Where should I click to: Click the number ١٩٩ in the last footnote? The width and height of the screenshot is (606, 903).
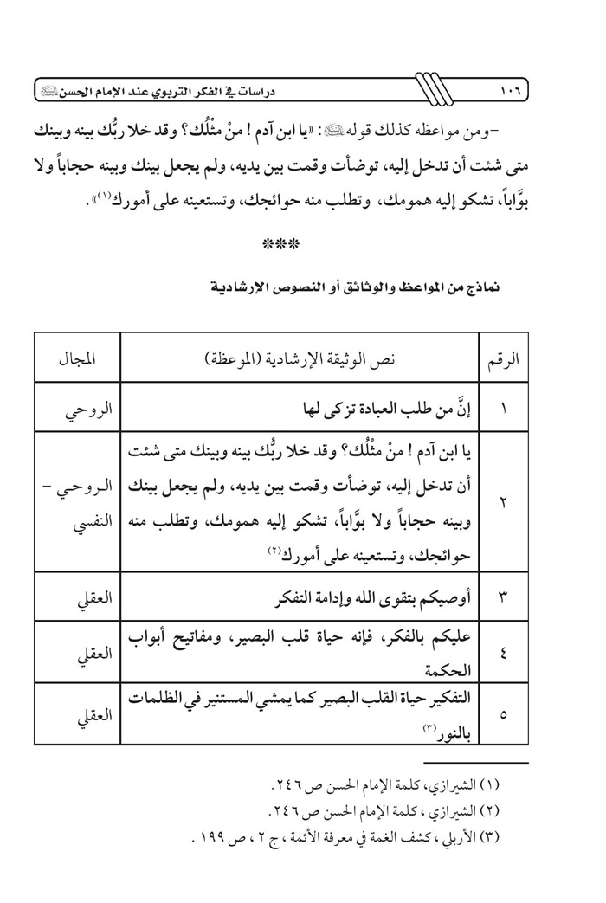(x=204, y=837)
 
